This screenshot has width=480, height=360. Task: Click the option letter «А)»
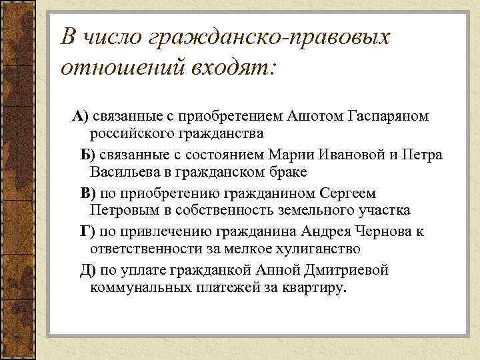click(81, 117)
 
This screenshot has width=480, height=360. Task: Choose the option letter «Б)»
click(89, 155)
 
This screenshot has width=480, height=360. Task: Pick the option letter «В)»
click(88, 194)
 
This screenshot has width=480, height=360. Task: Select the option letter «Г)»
click(88, 232)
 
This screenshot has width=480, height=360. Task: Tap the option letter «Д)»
click(88, 271)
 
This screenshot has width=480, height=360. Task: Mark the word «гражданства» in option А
click(216, 133)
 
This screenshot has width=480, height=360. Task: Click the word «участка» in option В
click(385, 211)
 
